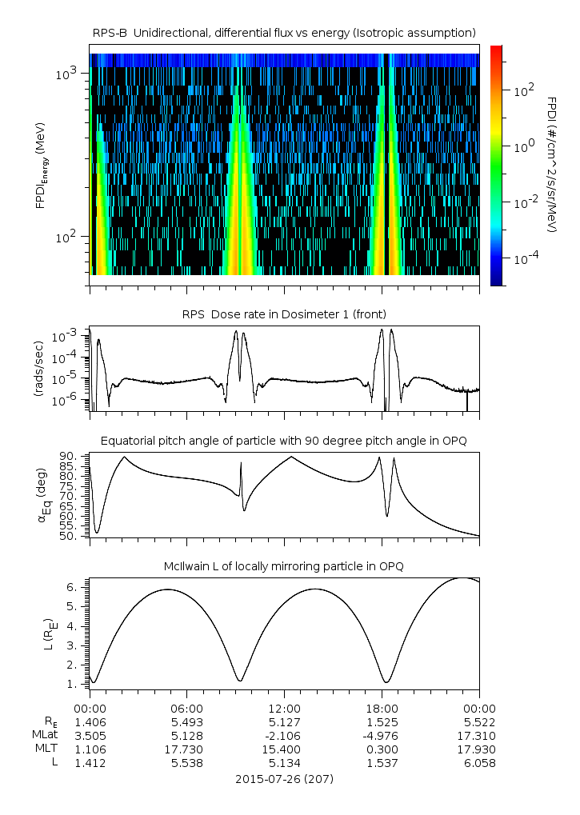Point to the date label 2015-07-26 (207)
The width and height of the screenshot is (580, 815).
[x=284, y=778]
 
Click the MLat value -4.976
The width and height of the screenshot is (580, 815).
[x=382, y=735]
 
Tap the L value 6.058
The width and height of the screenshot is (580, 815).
[x=478, y=763]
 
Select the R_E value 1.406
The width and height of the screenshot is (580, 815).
[x=90, y=721]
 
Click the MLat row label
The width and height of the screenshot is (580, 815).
[x=44, y=735]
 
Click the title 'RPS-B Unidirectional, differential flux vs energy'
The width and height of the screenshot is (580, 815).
[x=284, y=32]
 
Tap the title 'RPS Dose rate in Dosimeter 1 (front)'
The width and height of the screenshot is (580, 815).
[x=284, y=314]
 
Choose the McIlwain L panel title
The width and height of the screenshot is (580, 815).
[x=284, y=566]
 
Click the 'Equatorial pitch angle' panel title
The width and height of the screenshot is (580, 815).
[x=284, y=441]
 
